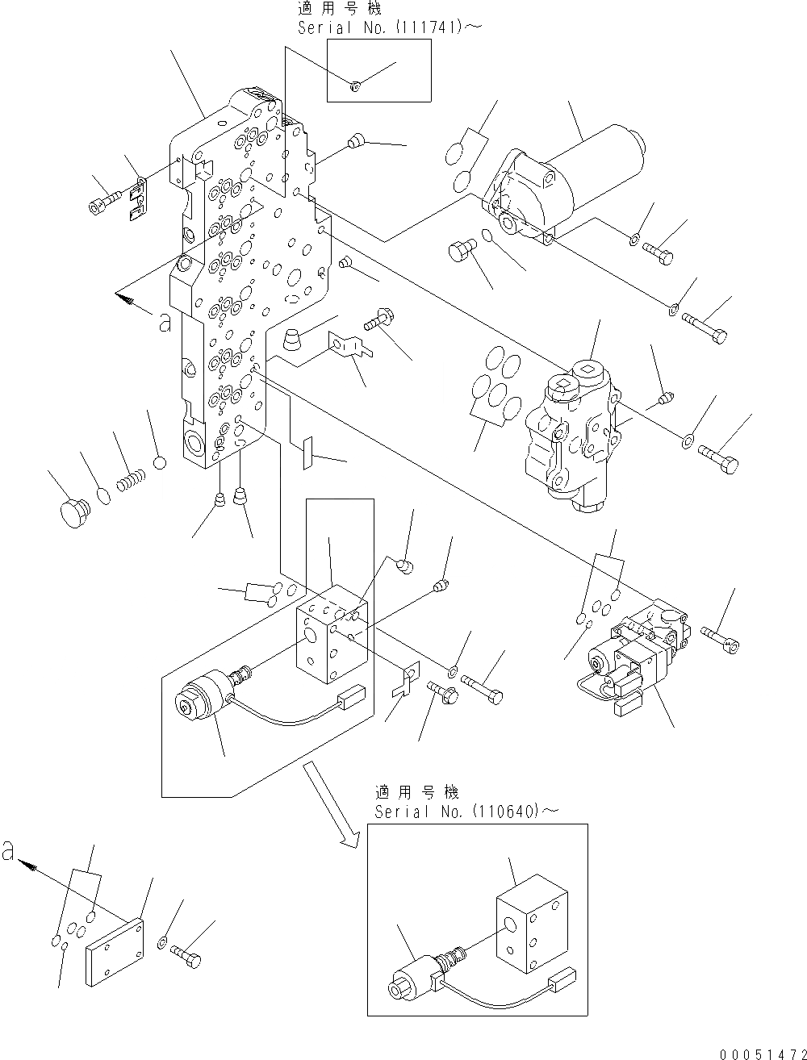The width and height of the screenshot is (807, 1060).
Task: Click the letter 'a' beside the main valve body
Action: (165, 323)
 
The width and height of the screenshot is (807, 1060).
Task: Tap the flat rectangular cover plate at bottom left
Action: (114, 950)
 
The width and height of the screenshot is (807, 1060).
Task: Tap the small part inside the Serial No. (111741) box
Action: (356, 86)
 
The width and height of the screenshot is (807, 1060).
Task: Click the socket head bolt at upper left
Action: (104, 200)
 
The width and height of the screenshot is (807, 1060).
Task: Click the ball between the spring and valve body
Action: (160, 463)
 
